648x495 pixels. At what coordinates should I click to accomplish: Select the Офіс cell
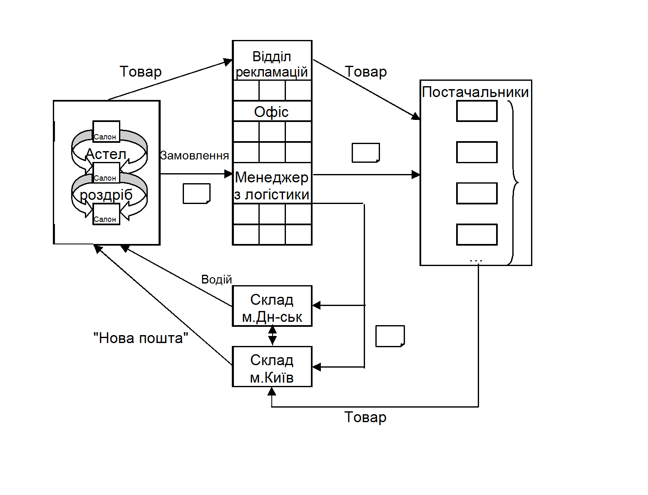272,112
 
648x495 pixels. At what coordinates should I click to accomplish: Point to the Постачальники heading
475,92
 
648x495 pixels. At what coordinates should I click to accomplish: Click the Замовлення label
194,156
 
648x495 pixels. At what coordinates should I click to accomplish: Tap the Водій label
216,279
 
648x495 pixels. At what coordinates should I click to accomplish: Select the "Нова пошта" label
141,338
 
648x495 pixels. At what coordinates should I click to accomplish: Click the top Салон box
106,132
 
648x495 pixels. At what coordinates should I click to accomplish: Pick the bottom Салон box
106,214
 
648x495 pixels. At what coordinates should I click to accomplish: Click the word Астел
106,154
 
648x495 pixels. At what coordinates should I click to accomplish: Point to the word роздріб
106,195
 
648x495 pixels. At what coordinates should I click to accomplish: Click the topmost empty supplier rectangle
477,111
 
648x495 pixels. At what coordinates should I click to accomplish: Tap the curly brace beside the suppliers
514,182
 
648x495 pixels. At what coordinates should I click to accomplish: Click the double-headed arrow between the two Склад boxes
272,336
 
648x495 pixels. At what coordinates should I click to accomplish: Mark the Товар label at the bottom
365,417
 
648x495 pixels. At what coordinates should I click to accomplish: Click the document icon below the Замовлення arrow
196,194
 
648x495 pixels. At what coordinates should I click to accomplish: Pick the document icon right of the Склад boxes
390,336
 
